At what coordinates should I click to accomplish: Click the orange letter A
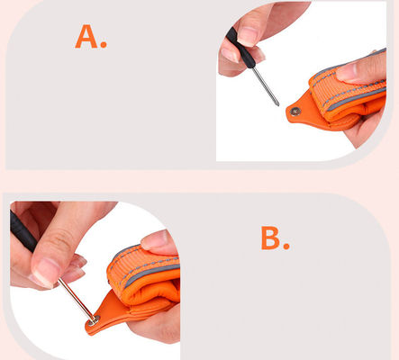click(86, 36)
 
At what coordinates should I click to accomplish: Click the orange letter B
click(270, 238)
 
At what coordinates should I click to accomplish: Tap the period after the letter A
click(104, 45)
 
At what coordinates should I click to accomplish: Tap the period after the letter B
click(286, 246)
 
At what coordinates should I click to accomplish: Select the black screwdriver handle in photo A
click(240, 48)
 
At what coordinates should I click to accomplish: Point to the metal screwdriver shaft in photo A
click(266, 85)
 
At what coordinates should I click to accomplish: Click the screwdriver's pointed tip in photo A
click(278, 104)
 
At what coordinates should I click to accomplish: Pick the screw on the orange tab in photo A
click(295, 112)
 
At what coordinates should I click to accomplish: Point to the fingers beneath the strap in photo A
click(367, 126)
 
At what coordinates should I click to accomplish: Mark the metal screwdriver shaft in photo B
click(77, 299)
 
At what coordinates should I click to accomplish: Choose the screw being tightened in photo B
click(94, 321)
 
